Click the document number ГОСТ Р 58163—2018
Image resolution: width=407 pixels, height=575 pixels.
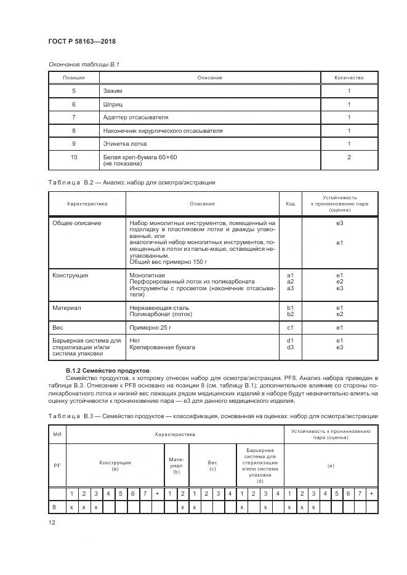[82, 41]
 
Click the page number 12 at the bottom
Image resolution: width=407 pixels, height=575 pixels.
[52, 522]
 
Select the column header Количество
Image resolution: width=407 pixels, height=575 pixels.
[349, 77]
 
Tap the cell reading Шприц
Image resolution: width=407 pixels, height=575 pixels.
[114, 104]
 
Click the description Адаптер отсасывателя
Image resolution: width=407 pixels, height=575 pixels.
[136, 117]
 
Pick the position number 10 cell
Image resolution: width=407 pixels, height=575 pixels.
[73, 157]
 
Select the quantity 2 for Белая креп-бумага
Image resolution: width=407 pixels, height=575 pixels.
[349, 157]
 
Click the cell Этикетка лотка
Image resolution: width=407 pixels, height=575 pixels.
[126, 144]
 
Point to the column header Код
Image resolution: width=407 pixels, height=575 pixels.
[291, 203]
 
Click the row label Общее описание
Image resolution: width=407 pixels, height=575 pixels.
[76, 223]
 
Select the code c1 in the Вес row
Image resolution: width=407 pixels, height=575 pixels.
[291, 328]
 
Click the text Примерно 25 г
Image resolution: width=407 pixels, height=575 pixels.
[150, 328]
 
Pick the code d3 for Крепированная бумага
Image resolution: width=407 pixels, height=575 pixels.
[291, 347]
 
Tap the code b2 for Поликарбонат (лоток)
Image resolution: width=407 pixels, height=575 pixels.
[291, 314]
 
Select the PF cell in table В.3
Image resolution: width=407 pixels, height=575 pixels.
[57, 466]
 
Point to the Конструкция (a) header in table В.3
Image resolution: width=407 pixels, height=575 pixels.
[115, 466]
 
